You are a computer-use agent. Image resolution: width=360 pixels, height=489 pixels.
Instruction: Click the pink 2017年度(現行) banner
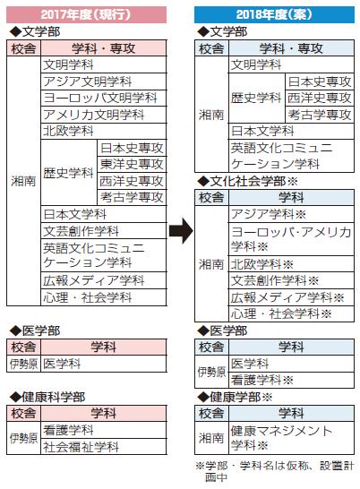[x=86, y=14]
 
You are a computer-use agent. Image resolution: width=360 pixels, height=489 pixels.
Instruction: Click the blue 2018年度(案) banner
[x=274, y=14]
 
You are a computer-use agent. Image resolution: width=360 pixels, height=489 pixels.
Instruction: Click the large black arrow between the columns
[x=181, y=231]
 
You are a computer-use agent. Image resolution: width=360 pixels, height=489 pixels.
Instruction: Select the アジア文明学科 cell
[x=104, y=81]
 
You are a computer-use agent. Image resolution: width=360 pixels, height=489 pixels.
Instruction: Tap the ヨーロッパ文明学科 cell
[x=104, y=98]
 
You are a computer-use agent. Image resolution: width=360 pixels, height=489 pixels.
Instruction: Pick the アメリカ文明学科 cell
[x=104, y=115]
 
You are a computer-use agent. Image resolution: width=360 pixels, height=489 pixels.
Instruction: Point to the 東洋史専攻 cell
[x=132, y=164]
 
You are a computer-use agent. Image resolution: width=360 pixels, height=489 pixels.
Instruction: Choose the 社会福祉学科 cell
[x=104, y=447]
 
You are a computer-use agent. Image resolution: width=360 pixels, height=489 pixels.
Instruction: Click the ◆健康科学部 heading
[x=47, y=397]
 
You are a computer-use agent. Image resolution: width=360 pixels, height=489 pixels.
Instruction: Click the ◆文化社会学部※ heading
[x=247, y=181]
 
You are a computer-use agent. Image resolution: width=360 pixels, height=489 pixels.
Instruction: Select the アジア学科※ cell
[x=291, y=214]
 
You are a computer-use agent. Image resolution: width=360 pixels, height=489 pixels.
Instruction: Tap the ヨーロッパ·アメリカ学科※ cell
[x=291, y=239]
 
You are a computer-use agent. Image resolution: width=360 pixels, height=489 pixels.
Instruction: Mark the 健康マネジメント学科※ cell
[x=291, y=438]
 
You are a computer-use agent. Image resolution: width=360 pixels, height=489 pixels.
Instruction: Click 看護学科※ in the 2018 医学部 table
[x=291, y=380]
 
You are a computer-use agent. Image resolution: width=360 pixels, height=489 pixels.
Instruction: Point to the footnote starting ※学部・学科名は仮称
[x=275, y=471]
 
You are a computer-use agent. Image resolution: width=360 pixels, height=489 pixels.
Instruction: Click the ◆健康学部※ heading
[x=235, y=397]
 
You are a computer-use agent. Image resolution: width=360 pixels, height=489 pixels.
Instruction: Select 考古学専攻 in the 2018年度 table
[x=320, y=115]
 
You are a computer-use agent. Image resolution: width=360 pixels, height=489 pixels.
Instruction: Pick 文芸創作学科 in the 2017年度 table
[x=104, y=231]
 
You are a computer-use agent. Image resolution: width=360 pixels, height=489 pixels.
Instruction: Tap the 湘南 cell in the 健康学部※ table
[x=212, y=438]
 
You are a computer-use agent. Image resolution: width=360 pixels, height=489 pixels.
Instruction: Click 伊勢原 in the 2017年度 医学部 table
[x=23, y=364]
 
